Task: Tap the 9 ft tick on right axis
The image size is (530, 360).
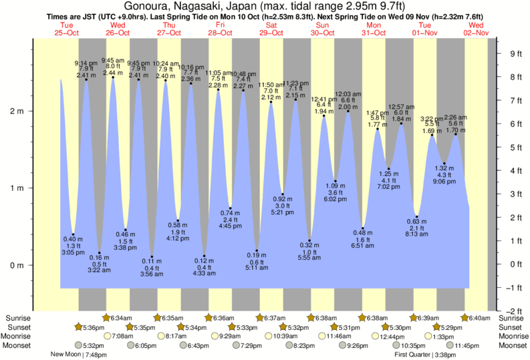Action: [x=515, y=54]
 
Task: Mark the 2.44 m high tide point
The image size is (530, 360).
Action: [x=113, y=78]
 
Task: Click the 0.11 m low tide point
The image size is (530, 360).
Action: [x=152, y=256]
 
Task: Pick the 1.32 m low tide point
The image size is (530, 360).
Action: [x=444, y=162]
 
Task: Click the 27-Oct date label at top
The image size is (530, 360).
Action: [x=168, y=33]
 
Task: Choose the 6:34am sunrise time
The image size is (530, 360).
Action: [x=122, y=318]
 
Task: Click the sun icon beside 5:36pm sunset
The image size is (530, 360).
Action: [x=79, y=327]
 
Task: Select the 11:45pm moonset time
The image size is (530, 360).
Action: [x=467, y=345]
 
